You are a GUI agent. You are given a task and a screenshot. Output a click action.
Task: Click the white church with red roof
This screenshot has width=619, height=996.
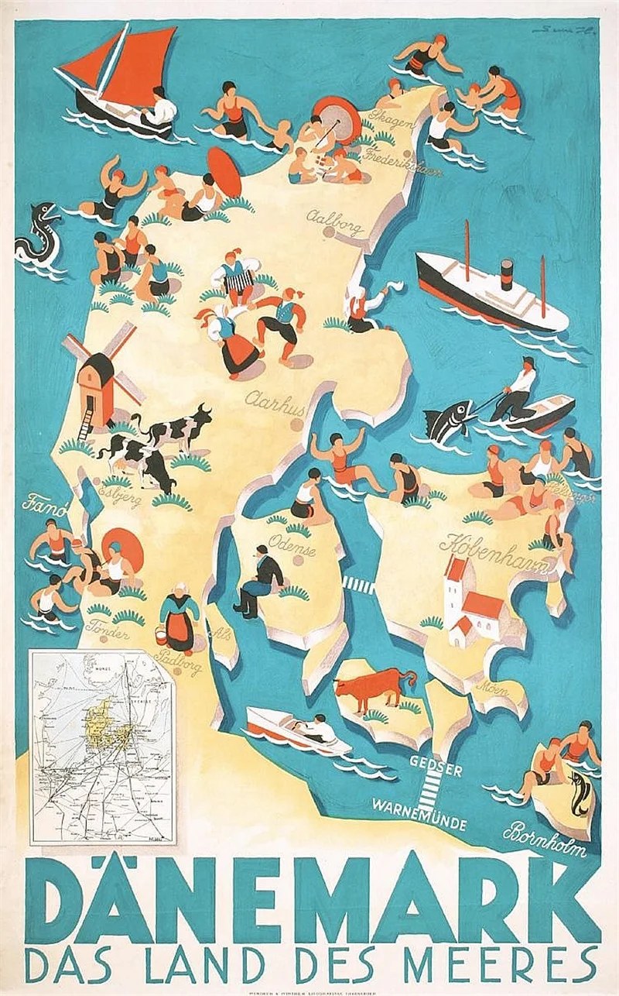pyautogui.click(x=470, y=604)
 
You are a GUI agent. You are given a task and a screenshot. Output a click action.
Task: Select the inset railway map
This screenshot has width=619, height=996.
pyautogui.click(x=102, y=747)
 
